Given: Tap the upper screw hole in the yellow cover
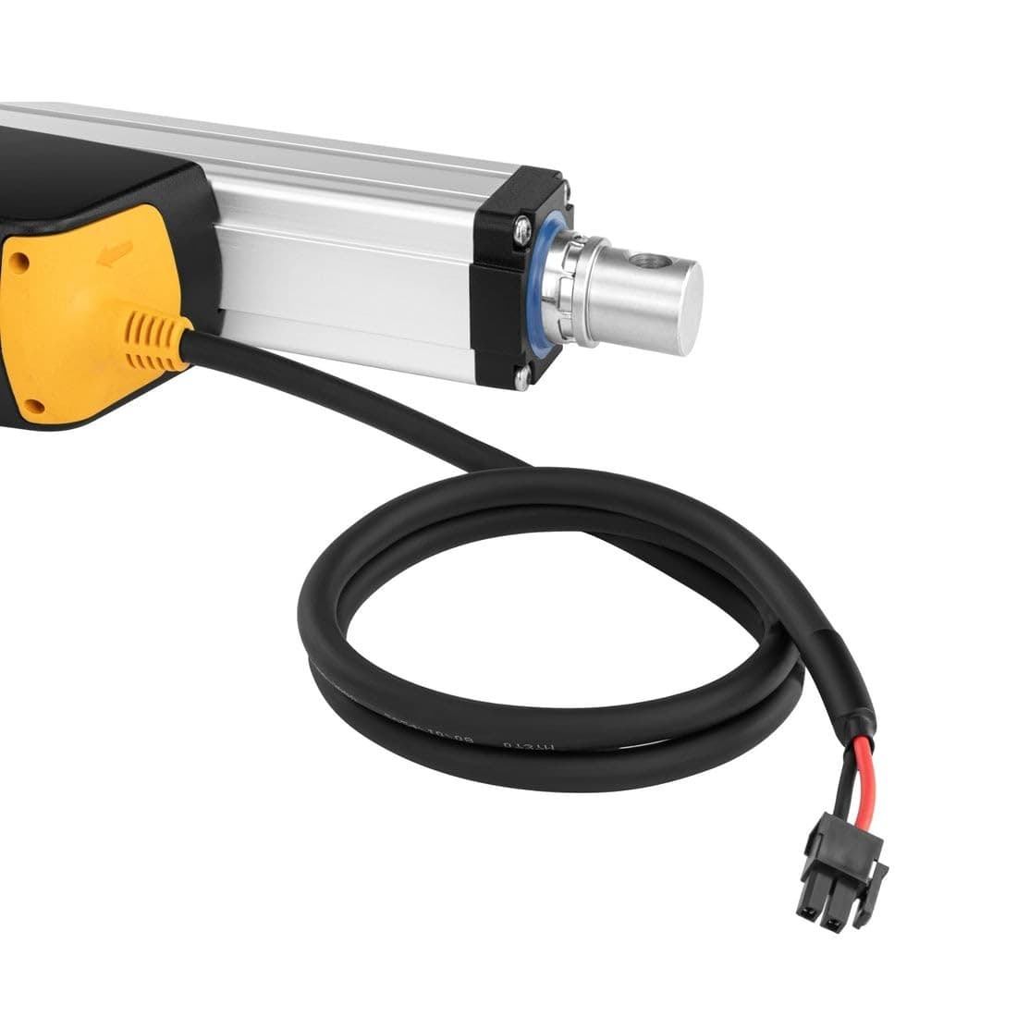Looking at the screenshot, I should [19, 262].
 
